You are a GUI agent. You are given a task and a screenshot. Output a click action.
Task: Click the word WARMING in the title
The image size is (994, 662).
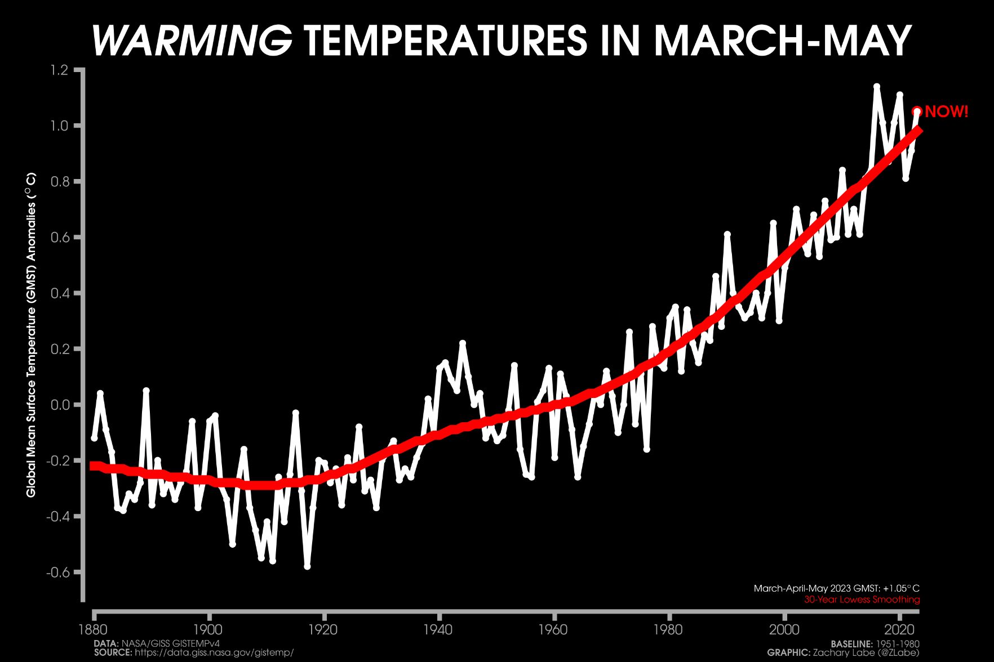[x=192, y=41]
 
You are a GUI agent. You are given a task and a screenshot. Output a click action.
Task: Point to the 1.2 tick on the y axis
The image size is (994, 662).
[x=59, y=70]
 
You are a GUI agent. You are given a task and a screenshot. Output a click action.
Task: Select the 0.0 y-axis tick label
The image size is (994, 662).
[x=59, y=405]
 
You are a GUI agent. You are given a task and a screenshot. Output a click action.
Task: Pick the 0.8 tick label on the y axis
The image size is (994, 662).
[x=59, y=182]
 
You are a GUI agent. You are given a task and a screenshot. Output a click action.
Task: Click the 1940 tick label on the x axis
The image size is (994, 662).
[x=438, y=629]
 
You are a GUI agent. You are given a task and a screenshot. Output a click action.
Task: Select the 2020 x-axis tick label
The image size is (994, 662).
[x=899, y=629]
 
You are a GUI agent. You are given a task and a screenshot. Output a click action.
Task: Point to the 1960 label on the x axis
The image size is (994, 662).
[x=553, y=629]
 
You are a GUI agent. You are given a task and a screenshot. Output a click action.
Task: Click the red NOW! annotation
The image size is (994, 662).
[x=947, y=111]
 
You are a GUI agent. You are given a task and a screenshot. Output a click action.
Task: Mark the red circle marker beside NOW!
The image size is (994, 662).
[x=917, y=111]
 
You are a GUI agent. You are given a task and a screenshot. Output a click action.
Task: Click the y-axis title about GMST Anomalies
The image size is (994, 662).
[x=31, y=334]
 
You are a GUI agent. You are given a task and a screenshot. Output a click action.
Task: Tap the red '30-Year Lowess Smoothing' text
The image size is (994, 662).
[x=862, y=600]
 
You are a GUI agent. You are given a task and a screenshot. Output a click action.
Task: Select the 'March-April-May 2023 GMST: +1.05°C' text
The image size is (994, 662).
[x=836, y=588]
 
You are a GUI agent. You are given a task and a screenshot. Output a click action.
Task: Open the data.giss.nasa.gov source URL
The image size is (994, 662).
[x=214, y=652]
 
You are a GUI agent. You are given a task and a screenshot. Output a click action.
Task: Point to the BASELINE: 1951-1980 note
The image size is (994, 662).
[x=875, y=643]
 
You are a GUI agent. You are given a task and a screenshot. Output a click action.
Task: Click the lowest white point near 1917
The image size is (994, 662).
[x=307, y=566]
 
